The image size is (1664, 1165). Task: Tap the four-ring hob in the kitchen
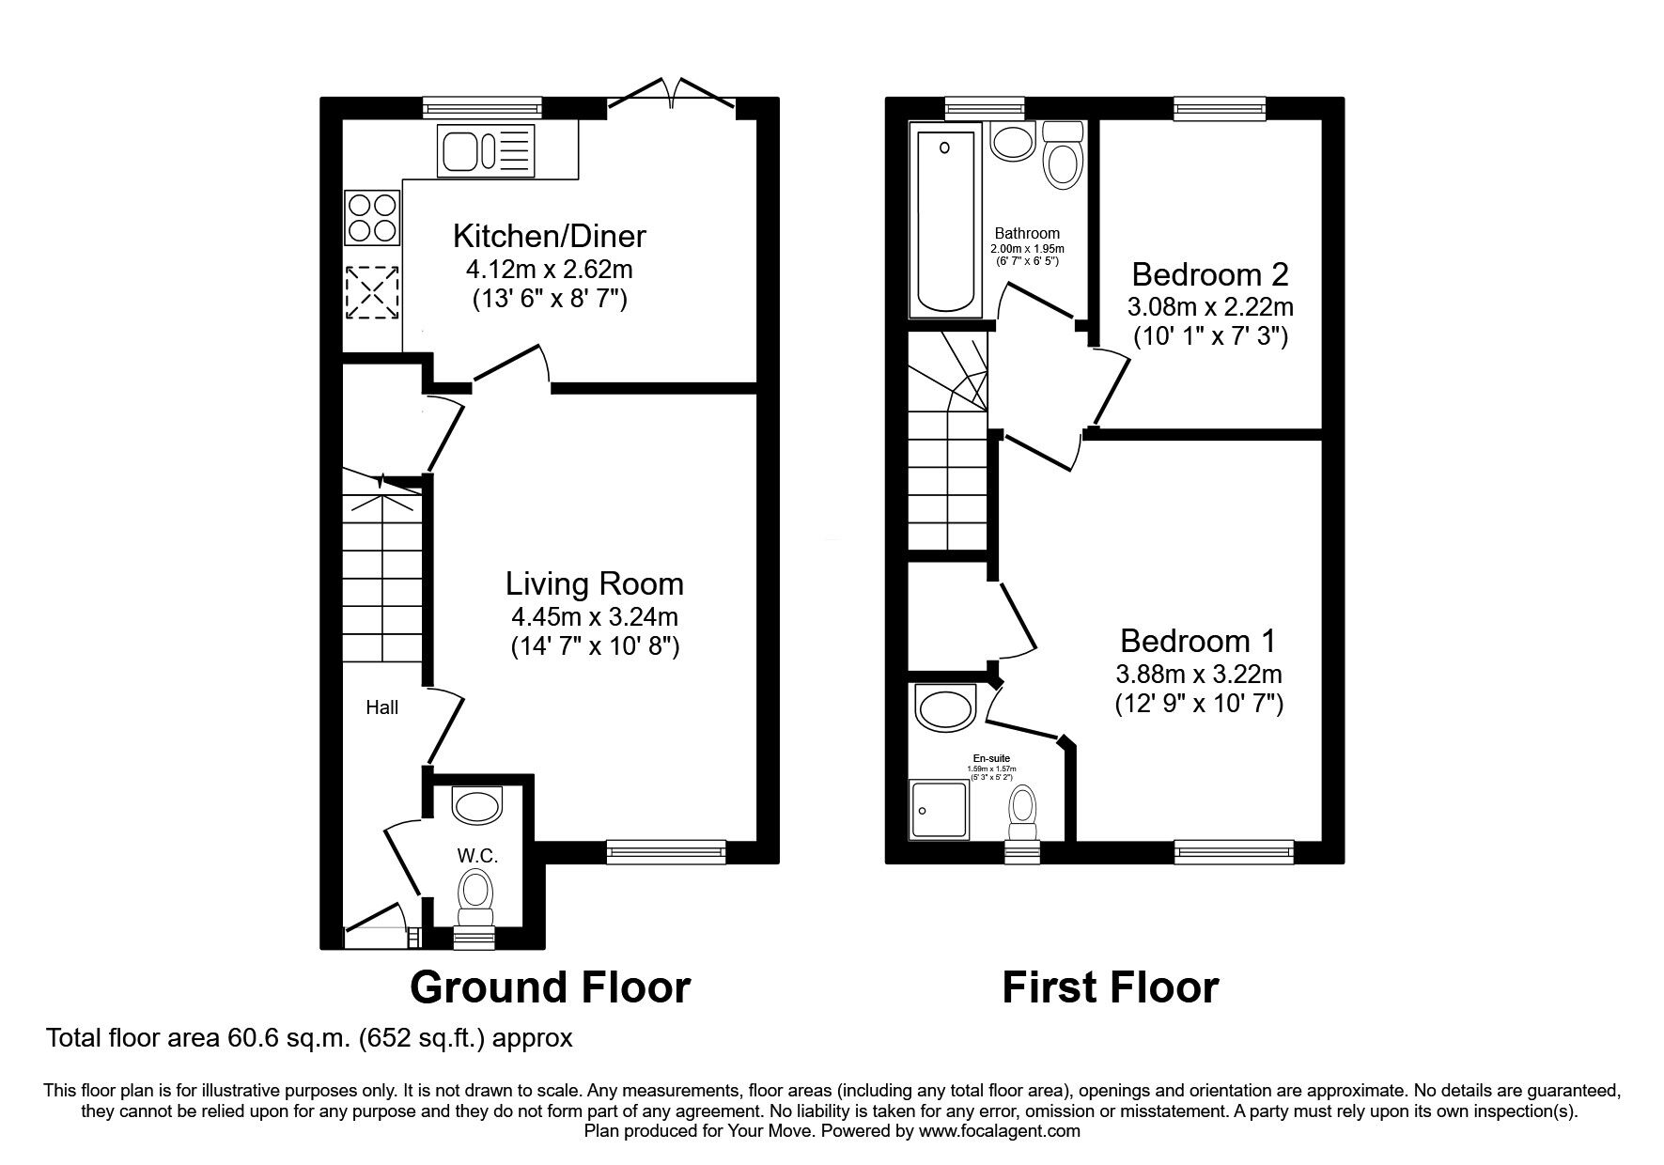[372, 217]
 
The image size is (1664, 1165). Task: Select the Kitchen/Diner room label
[550, 235]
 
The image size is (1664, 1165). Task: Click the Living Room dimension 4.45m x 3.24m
[594, 617]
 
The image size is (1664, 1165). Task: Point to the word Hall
[382, 708]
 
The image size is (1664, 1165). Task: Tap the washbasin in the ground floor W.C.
[477, 803]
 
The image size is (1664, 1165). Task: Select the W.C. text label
[477, 856]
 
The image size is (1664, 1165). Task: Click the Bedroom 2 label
[1210, 274]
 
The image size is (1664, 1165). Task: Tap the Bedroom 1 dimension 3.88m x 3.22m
[1199, 674]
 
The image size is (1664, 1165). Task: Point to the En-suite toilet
[1022, 811]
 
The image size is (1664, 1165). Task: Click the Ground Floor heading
[550, 987]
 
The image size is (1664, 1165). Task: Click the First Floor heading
[1111, 987]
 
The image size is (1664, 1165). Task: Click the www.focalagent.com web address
[1000, 1131]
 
